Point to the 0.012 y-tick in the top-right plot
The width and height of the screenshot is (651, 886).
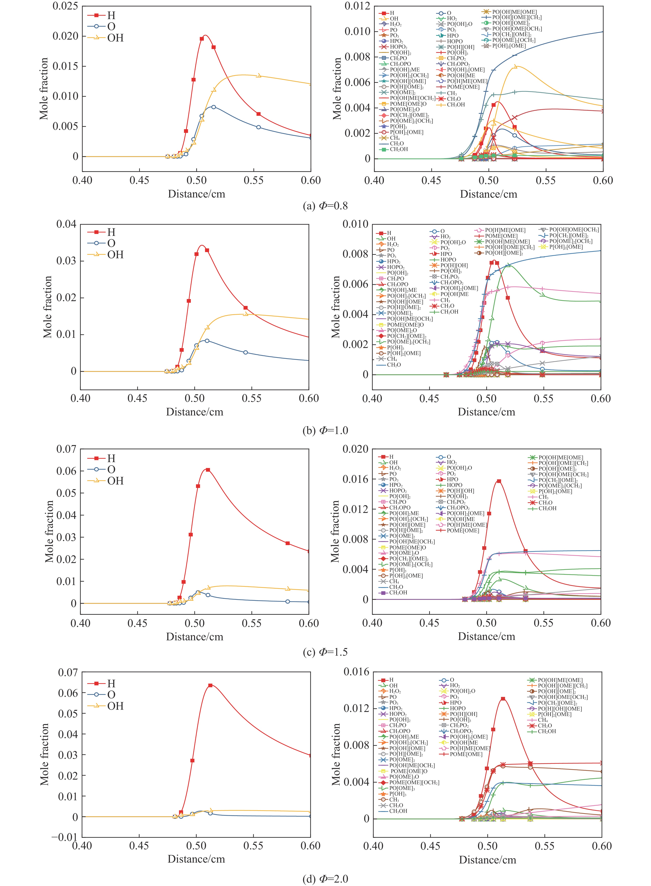[x=357, y=6]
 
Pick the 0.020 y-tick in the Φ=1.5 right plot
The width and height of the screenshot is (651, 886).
[x=355, y=449]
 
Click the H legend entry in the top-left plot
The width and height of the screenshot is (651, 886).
[x=111, y=15]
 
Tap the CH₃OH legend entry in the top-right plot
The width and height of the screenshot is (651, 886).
[x=456, y=105]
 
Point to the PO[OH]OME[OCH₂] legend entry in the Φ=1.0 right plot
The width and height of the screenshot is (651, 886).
[x=574, y=230]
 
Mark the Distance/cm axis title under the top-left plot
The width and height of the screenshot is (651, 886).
[x=196, y=194]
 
